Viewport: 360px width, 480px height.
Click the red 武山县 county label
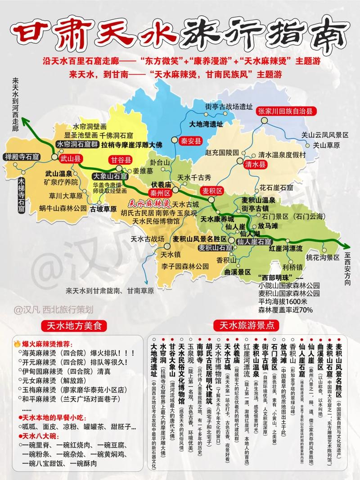pyautogui.click(x=70, y=158)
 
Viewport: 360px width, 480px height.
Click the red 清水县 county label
pyautogui.click(x=255, y=165)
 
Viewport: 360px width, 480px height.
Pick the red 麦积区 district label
pyautogui.click(x=211, y=191)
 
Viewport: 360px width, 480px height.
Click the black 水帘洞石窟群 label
pyautogui.click(x=77, y=144)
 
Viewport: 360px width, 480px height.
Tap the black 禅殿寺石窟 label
pyautogui.click(x=22, y=157)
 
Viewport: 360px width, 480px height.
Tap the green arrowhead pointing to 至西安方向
pyautogui.click(x=346, y=245)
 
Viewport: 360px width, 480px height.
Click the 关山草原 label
pyautogui.click(x=326, y=145)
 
